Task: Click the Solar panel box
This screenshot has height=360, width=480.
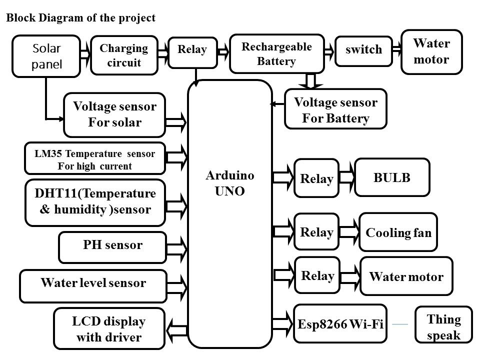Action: point(46,55)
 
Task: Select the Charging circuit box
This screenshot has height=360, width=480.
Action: point(124,55)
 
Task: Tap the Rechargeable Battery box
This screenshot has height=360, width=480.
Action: point(276,54)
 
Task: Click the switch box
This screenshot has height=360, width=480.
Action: point(363,50)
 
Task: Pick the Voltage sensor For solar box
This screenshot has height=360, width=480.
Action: point(114,114)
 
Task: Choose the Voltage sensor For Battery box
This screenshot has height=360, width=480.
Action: point(335,110)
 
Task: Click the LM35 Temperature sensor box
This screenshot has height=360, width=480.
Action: point(95,159)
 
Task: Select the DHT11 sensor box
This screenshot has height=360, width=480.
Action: point(95,201)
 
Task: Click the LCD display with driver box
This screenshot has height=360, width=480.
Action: point(108,328)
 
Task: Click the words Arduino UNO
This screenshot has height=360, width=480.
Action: point(230,183)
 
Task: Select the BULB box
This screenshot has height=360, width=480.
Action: point(392,177)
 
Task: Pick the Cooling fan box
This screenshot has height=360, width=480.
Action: point(398,232)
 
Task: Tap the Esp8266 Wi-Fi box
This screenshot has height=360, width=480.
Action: point(340,323)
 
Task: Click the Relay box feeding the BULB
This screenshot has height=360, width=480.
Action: point(317,178)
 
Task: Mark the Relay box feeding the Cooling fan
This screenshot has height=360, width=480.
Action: point(317,231)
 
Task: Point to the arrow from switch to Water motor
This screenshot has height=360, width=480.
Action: point(397,49)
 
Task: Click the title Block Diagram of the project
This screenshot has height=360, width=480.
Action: point(80,18)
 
